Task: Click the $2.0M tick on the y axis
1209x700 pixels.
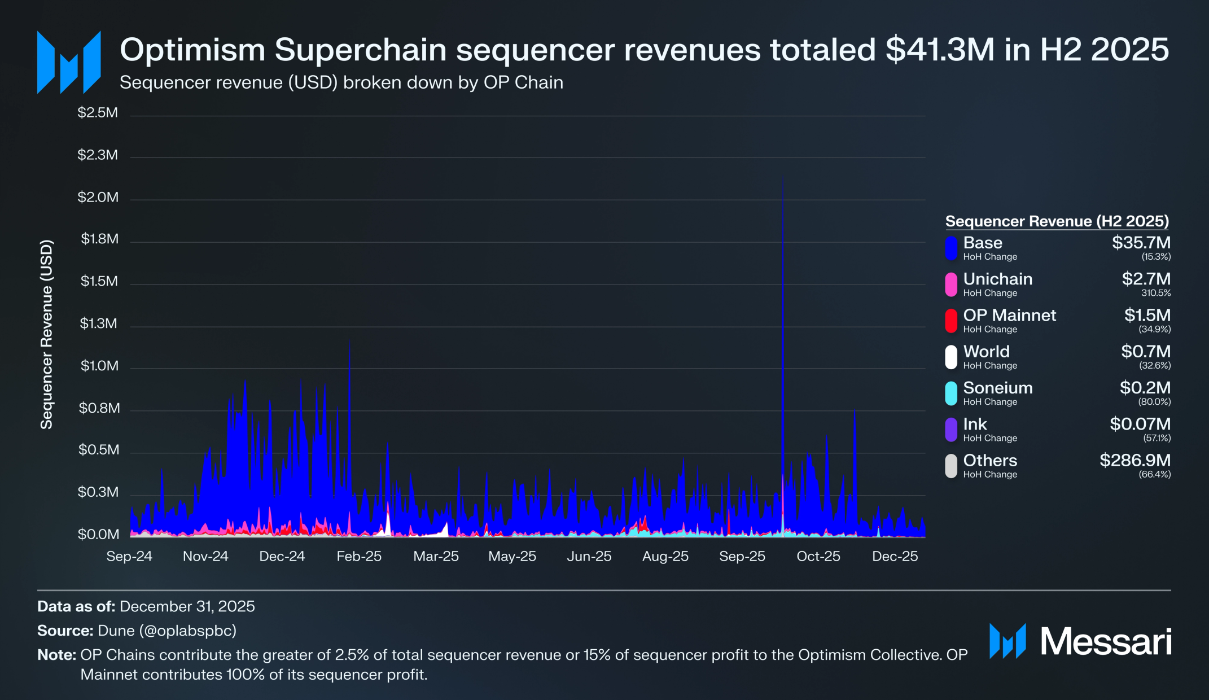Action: click(98, 198)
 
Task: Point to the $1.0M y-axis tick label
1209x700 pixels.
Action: click(99, 366)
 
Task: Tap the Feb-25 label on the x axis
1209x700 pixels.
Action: click(359, 556)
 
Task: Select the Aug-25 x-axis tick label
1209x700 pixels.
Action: click(665, 556)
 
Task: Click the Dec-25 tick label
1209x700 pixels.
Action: click(895, 556)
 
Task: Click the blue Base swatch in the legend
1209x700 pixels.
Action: click(951, 248)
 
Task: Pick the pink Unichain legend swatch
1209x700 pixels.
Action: click(951, 285)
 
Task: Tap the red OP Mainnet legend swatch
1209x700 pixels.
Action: click(951, 321)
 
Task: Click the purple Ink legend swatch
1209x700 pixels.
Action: click(951, 430)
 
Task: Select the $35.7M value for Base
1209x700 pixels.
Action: click(1141, 243)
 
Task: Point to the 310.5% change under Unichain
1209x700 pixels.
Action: click(1155, 293)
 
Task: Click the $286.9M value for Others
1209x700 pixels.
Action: click(1134, 460)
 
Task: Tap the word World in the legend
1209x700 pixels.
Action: click(986, 352)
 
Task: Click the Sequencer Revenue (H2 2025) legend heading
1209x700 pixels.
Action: click(1057, 221)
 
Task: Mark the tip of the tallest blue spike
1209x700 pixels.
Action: click(782, 176)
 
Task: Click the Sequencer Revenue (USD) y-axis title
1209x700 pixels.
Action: click(46, 334)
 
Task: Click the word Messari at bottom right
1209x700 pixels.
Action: click(1106, 642)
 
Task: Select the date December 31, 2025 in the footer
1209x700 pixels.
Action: click(187, 606)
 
